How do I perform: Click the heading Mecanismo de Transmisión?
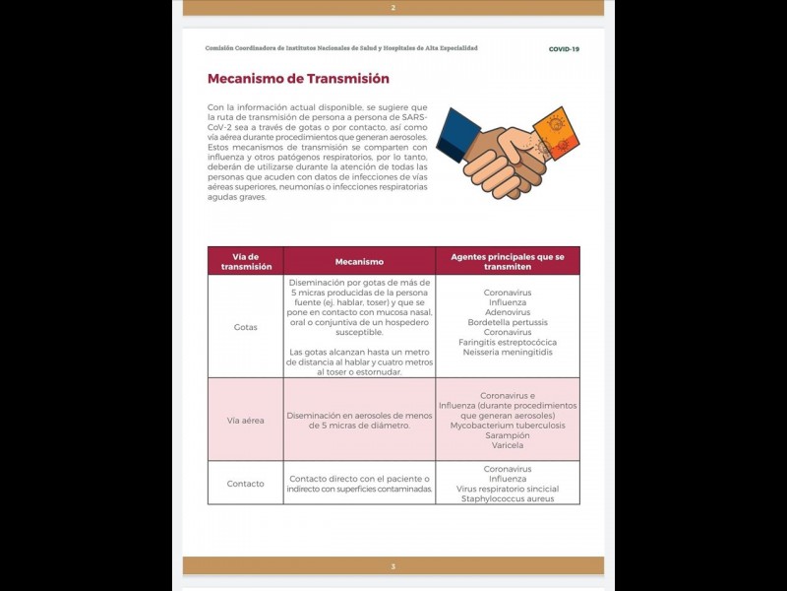pyautogui.click(x=298, y=79)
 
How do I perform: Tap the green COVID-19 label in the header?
pyautogui.click(x=564, y=48)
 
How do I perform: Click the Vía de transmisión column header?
pyautogui.click(x=245, y=261)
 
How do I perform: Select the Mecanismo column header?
pyautogui.click(x=359, y=262)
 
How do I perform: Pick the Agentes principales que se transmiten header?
pyautogui.click(x=508, y=261)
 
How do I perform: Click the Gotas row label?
pyautogui.click(x=245, y=326)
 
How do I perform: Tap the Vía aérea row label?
pyautogui.click(x=245, y=421)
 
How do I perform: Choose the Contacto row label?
pyautogui.click(x=245, y=484)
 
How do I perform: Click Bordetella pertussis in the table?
pyautogui.click(x=508, y=322)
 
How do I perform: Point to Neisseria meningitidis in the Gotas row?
pyautogui.click(x=508, y=352)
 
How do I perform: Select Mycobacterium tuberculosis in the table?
pyautogui.click(x=508, y=426)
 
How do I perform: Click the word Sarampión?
pyautogui.click(x=508, y=435)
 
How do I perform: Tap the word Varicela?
pyautogui.click(x=508, y=445)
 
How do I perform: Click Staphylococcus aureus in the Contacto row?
pyautogui.click(x=508, y=498)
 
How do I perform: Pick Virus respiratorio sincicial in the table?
pyautogui.click(x=508, y=489)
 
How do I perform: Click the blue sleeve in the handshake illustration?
pyautogui.click(x=457, y=134)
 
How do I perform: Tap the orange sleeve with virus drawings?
pyautogui.click(x=556, y=133)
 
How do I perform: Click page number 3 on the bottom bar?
pyautogui.click(x=393, y=566)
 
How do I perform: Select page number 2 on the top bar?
pyautogui.click(x=393, y=8)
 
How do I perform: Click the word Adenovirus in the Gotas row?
pyautogui.click(x=508, y=312)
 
